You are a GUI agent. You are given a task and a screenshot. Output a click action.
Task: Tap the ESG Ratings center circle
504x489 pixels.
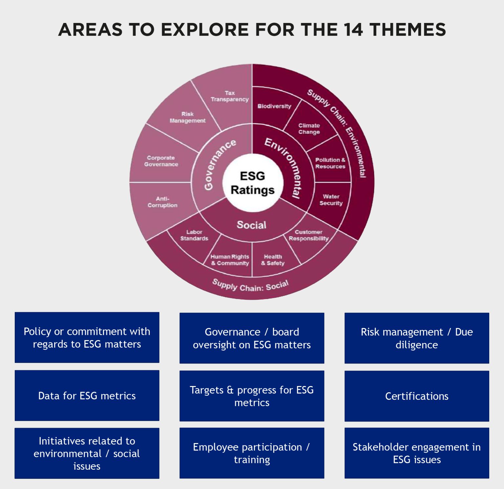252,183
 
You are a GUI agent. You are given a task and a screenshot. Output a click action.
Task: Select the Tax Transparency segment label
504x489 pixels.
230,96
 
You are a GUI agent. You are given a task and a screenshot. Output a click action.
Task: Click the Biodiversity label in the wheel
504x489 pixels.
274,106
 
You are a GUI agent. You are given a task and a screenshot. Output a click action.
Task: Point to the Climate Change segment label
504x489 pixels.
309,129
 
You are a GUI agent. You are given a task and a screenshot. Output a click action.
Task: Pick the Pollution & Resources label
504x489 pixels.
330,163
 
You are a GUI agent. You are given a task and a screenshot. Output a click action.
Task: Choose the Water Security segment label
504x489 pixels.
331,200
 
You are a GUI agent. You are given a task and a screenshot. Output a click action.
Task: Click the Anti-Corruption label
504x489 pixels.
162,202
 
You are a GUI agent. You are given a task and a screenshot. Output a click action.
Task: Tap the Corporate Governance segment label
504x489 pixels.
161,161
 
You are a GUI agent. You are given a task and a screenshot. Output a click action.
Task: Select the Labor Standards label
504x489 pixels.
194,235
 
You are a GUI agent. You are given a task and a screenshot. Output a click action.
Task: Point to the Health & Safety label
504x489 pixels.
273,260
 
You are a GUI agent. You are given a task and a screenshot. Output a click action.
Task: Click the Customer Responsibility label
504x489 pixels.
308,235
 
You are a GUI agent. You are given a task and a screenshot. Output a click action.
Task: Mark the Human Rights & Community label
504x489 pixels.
230,260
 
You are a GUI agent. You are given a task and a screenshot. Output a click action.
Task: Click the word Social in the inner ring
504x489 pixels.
251,225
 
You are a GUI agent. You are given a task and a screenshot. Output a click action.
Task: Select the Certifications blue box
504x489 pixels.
417,396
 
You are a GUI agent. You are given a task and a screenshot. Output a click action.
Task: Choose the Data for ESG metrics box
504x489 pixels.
87,396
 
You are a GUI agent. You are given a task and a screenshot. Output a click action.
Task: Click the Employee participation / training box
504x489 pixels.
252,453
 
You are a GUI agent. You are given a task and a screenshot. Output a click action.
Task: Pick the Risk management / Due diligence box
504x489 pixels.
417,338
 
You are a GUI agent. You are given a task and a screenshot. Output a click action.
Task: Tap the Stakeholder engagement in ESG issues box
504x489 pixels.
417,453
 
